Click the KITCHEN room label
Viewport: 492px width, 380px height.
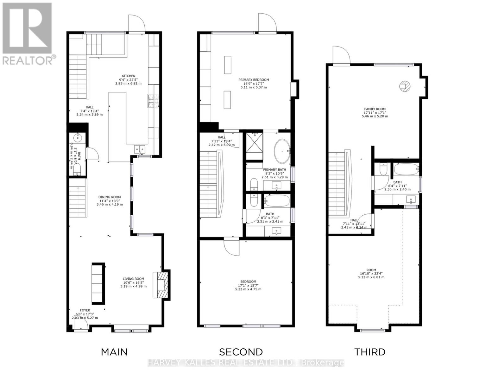click(129, 76)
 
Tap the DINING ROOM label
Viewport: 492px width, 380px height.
click(109, 197)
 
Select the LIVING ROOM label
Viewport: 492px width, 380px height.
click(133, 279)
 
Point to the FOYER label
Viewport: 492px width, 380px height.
click(85, 310)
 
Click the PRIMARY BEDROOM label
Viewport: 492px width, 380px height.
click(254, 80)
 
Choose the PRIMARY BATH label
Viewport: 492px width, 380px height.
click(274, 170)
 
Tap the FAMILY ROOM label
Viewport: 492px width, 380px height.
click(375, 109)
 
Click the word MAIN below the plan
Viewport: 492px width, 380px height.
click(114, 352)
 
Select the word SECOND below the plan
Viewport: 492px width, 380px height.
click(241, 352)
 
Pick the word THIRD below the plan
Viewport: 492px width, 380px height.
click(370, 352)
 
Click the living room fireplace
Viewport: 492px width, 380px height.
click(161, 285)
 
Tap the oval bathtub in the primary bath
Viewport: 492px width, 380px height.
click(281, 150)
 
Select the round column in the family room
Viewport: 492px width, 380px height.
click(404, 86)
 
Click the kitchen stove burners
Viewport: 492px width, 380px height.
click(150, 101)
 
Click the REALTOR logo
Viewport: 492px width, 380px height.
click(28, 33)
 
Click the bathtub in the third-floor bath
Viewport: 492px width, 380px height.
click(407, 170)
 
